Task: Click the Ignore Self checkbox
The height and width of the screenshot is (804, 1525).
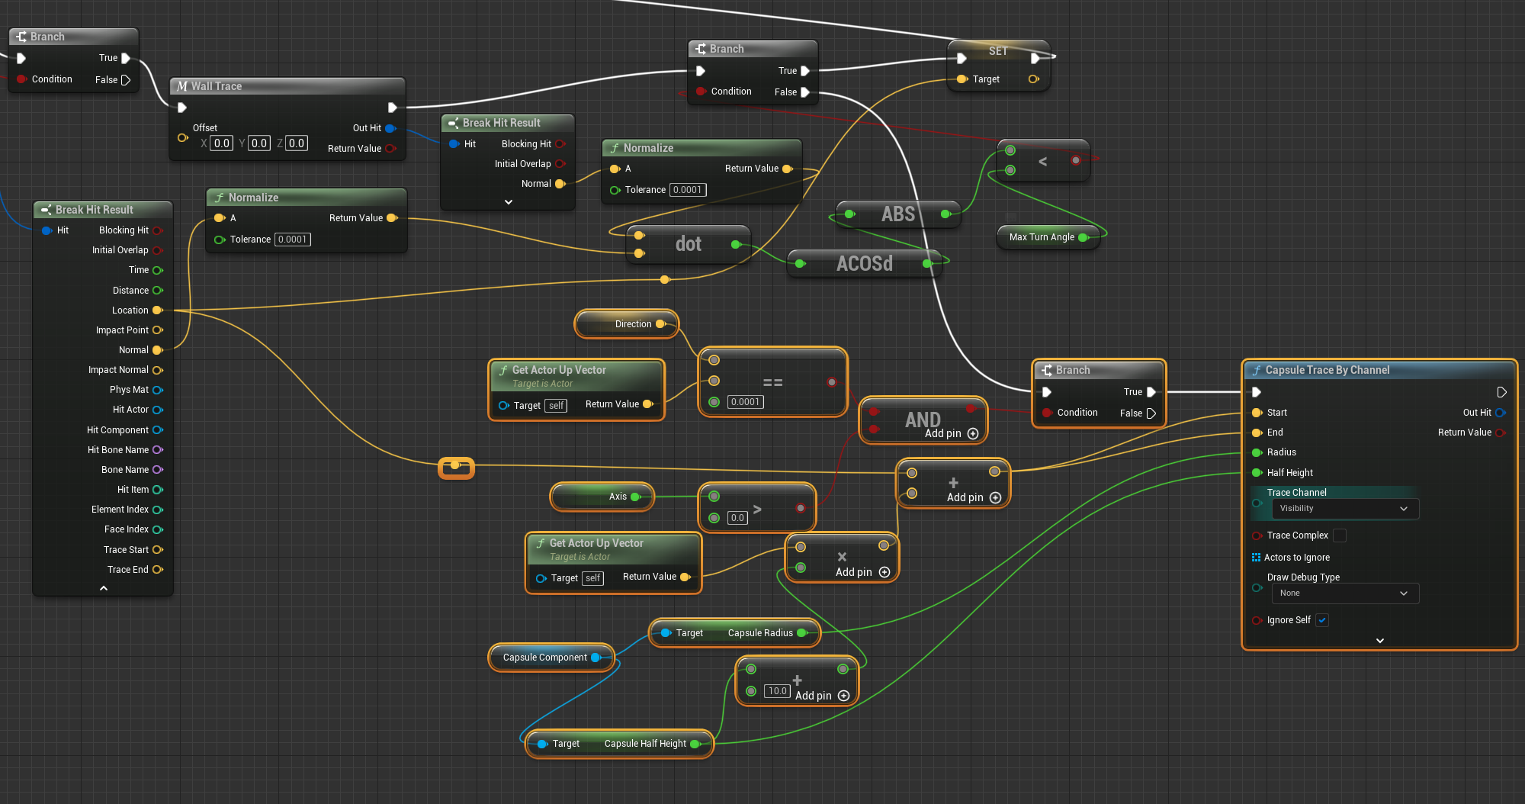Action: tap(1322, 620)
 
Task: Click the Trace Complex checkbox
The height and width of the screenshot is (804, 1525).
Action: tap(1340, 535)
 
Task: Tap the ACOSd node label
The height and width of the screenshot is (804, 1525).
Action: tap(864, 264)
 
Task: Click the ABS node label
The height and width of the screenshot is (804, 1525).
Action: tap(897, 214)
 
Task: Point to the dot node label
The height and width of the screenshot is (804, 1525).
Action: tap(688, 244)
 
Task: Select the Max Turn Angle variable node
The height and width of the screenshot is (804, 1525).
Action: tap(1042, 237)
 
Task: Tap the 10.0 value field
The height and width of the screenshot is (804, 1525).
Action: tap(777, 691)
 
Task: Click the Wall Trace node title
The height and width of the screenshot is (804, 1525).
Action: tap(216, 86)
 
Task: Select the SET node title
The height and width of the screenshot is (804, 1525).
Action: tap(997, 51)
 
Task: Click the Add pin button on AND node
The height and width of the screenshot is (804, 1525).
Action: tap(972, 433)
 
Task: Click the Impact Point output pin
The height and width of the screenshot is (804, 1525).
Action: tap(158, 330)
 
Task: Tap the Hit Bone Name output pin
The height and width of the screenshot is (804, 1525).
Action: tap(158, 450)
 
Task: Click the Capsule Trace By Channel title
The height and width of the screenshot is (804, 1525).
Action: tap(1327, 370)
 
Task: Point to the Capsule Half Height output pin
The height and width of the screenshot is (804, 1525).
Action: tap(695, 744)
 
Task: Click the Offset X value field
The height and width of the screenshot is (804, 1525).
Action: tap(221, 143)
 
